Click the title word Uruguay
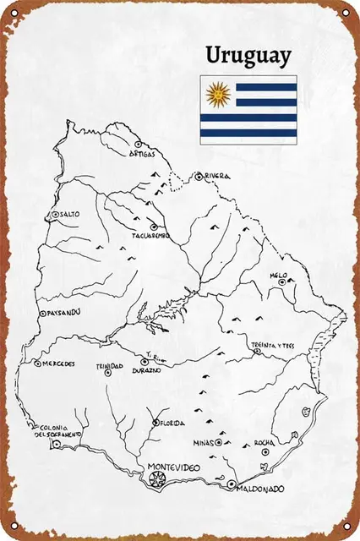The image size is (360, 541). tap(250, 56)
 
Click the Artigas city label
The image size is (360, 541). tap(143, 155)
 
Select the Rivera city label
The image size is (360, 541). tap(217, 177)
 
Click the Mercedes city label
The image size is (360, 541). tap(58, 364)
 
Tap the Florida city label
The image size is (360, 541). tap(172, 423)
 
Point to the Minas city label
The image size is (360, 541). tap(203, 442)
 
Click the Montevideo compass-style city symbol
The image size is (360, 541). tap(155, 481)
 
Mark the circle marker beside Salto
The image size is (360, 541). tap(55, 215)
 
